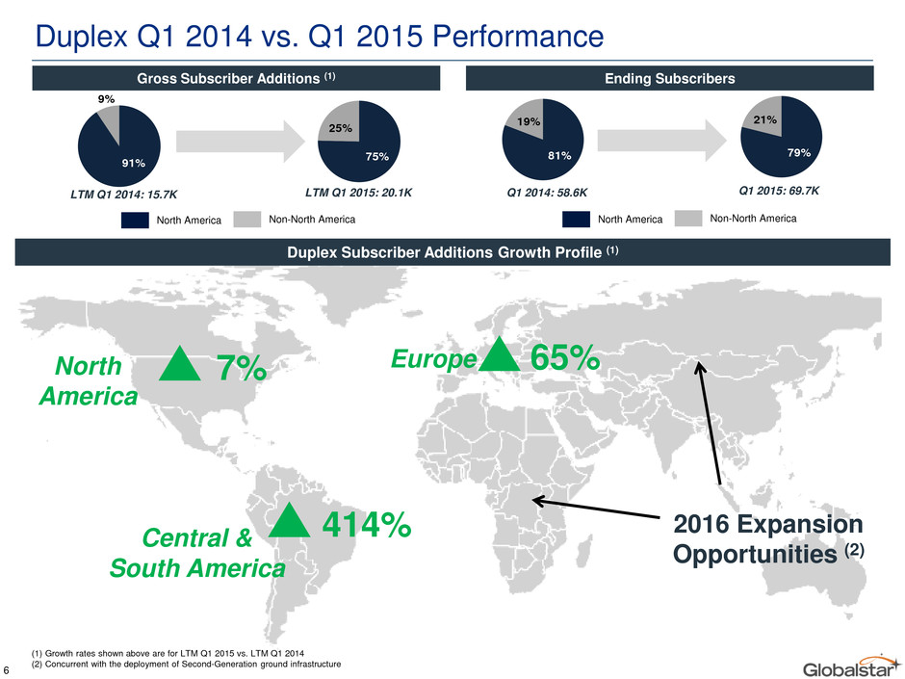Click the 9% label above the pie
(106, 99)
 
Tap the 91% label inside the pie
(133, 163)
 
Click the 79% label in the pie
(799, 152)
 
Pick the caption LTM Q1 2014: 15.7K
(123, 195)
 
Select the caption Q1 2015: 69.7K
(779, 191)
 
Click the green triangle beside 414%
(289, 521)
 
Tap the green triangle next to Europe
(500, 355)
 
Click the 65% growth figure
(565, 358)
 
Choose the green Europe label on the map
(434, 359)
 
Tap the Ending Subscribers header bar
(669, 78)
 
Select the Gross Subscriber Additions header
(236, 78)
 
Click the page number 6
(5, 669)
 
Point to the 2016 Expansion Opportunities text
(768, 538)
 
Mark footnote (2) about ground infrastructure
(186, 664)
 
